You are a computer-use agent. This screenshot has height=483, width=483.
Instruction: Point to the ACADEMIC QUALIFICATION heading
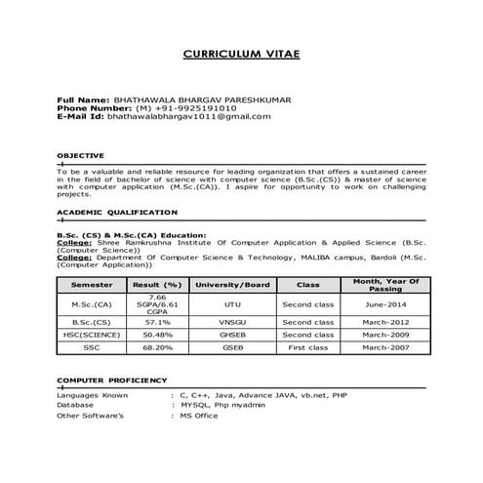102,212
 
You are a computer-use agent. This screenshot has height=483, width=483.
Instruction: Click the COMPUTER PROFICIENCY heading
111,380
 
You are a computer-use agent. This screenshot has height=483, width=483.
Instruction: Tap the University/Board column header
232,284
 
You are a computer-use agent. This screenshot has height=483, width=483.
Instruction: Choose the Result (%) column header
157,284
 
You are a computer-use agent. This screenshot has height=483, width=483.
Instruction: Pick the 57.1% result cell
157,321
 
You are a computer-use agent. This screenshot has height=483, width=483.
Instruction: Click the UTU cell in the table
232,304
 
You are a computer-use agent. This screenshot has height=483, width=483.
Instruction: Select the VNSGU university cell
232,321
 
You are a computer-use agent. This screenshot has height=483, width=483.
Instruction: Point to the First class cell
307,346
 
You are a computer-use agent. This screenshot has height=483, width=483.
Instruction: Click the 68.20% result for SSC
157,346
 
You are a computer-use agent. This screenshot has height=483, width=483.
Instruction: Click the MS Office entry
200,416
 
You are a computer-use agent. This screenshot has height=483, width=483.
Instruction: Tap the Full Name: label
83,99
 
